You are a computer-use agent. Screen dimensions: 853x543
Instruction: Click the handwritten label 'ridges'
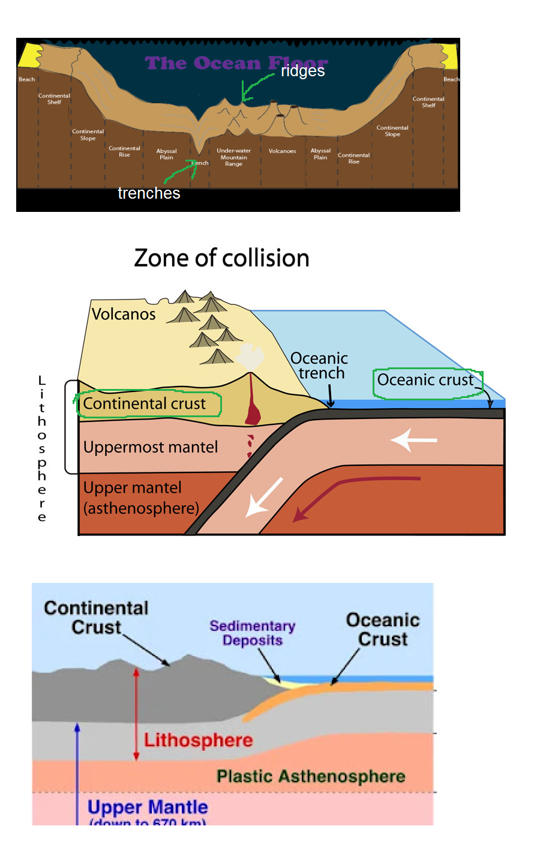click(302, 71)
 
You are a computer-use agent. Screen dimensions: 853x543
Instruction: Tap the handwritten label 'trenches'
click(149, 193)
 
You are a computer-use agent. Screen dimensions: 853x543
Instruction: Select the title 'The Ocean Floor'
click(236, 63)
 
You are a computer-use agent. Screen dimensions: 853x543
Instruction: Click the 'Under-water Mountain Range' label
click(233, 157)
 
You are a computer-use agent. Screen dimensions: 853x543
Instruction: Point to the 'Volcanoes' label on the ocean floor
click(282, 151)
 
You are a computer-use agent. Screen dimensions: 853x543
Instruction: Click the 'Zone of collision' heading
click(221, 258)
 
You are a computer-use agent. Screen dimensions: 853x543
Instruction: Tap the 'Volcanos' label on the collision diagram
click(124, 314)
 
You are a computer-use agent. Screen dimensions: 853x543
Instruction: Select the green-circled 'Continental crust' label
click(145, 404)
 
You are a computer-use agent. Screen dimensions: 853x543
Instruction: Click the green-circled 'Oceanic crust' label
click(425, 380)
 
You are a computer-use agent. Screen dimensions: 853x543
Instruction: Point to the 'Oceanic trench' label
click(319, 366)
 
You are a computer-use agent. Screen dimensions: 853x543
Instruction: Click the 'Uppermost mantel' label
click(151, 447)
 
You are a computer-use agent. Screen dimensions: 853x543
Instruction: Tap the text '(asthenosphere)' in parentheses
click(141, 508)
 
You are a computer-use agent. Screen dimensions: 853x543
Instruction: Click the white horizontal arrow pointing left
click(413, 440)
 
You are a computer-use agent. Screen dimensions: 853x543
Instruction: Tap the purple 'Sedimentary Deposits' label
click(253, 633)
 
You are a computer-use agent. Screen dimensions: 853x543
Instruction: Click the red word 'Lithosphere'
click(199, 740)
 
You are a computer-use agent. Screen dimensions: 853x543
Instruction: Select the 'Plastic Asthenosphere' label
click(311, 777)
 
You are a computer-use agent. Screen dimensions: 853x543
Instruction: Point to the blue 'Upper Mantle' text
click(148, 807)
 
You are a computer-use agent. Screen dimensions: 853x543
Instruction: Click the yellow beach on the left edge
click(28, 55)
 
